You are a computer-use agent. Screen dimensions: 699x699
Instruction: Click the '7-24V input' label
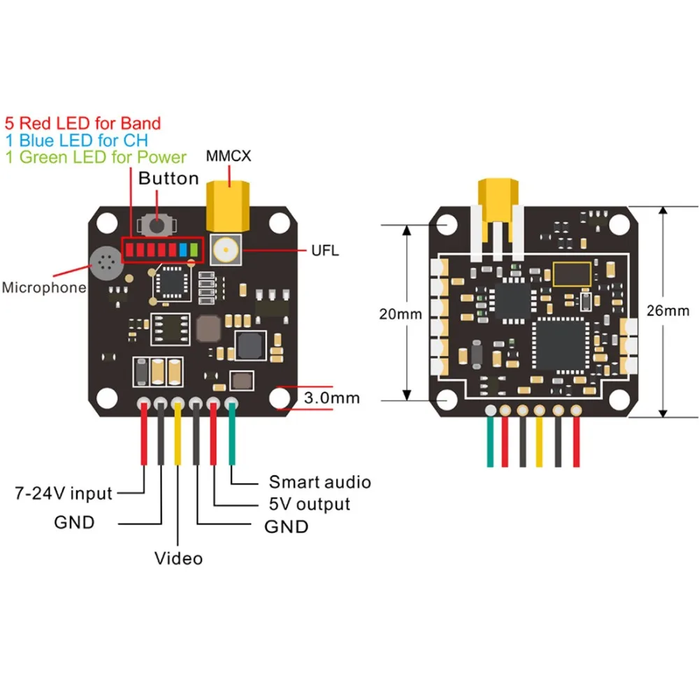[64, 493]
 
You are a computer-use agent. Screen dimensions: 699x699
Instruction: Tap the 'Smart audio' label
[319, 482]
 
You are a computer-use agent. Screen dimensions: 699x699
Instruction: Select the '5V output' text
[309, 504]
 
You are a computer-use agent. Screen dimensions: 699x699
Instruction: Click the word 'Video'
[178, 559]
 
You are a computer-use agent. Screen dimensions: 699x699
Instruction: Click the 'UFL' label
[326, 250]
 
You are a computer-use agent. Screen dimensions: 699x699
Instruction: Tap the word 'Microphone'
[43, 287]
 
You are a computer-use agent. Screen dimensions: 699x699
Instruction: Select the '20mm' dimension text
[401, 314]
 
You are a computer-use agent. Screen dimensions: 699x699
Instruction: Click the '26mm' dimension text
[668, 311]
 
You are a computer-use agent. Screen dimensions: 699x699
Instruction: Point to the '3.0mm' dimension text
[332, 398]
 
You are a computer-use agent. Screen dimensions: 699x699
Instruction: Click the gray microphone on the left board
[106, 263]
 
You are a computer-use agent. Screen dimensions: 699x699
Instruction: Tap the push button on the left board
[157, 226]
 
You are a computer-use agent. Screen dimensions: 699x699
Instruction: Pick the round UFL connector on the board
[227, 250]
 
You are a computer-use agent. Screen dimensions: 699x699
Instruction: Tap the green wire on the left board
[231, 437]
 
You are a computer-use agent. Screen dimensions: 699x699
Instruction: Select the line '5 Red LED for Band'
[82, 124]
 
